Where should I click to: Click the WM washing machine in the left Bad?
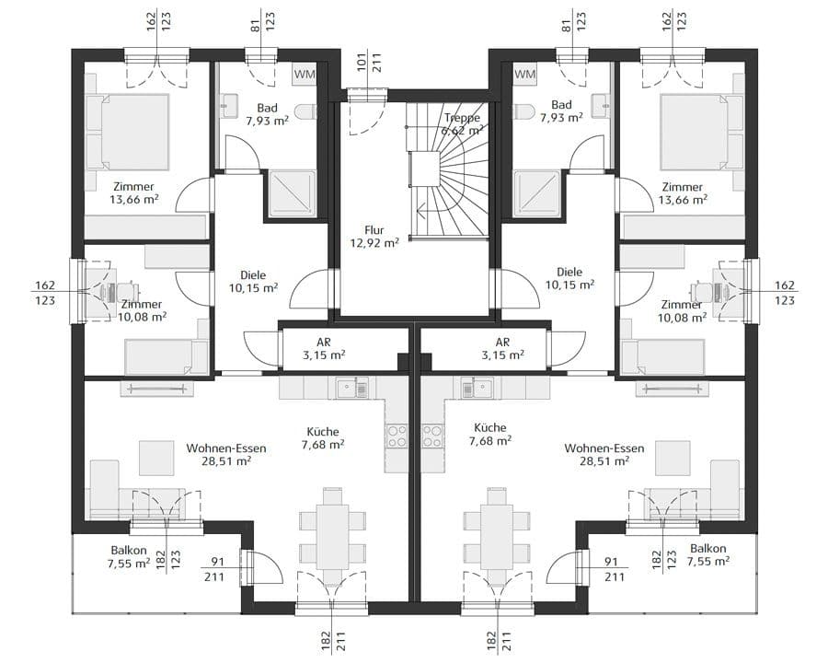305,75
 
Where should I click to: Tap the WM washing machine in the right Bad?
524,74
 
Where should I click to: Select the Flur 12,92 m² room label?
374,237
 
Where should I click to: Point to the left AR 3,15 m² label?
324,349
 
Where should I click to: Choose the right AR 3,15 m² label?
502,349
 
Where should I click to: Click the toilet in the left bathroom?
305,111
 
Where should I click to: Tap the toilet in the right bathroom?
523,111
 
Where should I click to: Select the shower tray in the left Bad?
293,193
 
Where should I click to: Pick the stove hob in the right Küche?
432,436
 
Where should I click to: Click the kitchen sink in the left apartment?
352,389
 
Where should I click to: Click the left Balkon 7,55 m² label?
129,556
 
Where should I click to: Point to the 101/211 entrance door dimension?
369,63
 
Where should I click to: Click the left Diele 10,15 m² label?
253,281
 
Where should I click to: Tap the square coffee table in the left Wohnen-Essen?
156,458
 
